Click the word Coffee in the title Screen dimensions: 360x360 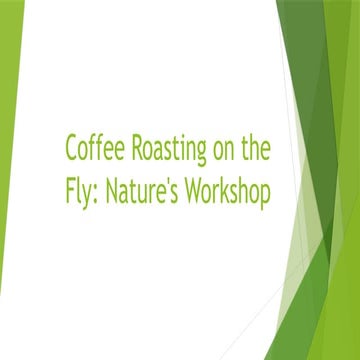pyautogui.click(x=89, y=149)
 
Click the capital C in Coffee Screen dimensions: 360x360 pyautogui.click(x=72, y=149)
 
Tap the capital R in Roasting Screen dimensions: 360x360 pyautogui.click(x=126, y=149)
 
